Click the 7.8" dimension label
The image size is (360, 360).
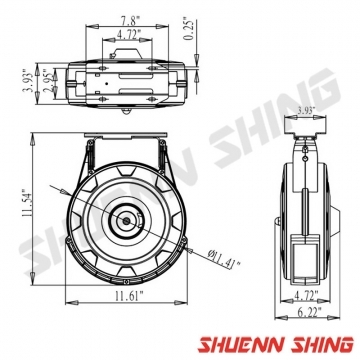click(x=127, y=21)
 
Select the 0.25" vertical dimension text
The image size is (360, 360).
click(x=189, y=30)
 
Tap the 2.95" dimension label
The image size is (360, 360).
click(x=47, y=83)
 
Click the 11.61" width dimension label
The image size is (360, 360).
click(x=129, y=296)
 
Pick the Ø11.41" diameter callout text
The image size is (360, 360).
click(x=223, y=259)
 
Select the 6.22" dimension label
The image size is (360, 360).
click(x=308, y=312)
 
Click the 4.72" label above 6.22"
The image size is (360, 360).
click(x=306, y=295)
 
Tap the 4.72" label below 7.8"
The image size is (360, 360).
click(x=128, y=34)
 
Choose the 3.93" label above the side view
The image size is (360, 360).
click(x=305, y=110)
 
